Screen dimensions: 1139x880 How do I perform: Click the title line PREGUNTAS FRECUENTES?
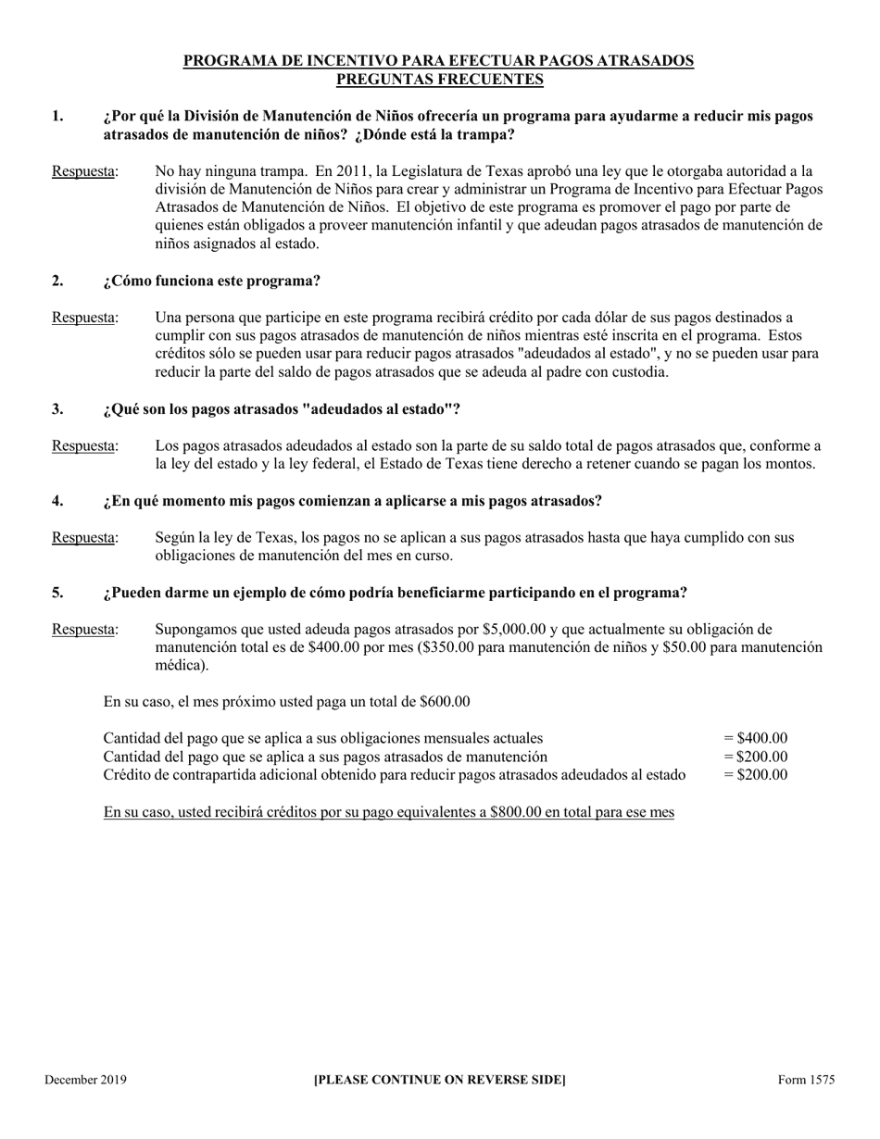439,80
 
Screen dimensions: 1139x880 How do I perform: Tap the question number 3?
57,409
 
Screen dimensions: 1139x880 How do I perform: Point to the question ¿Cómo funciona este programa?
212,281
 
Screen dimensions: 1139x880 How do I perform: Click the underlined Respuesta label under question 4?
83,538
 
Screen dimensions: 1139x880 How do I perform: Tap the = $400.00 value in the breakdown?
756,738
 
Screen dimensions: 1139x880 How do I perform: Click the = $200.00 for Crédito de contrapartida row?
756,775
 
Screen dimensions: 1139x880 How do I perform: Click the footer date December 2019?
85,1080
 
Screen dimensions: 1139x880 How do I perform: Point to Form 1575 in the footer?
806,1080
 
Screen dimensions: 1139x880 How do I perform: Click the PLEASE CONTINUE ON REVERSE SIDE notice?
439,1080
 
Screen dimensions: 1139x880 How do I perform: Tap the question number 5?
57,593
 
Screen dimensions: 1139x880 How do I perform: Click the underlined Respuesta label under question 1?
83,171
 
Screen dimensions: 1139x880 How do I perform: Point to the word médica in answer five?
180,666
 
